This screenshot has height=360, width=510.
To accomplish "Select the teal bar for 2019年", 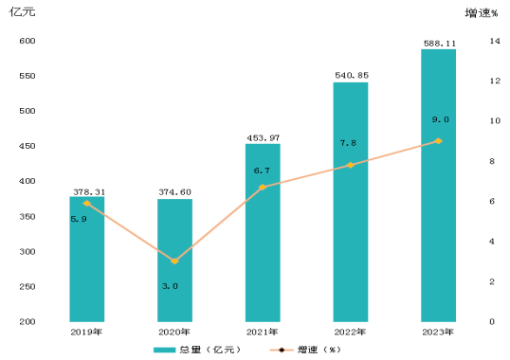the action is click(87, 259).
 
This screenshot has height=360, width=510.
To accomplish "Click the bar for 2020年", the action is click(174, 261).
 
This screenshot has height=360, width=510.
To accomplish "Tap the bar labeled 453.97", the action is click(263, 233).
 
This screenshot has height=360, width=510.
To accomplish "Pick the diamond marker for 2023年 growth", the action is click(439, 141).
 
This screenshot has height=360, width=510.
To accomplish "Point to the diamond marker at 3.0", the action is click(174, 261).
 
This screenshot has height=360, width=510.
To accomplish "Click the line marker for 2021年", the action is click(263, 188).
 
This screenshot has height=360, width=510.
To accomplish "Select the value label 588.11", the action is click(440, 44).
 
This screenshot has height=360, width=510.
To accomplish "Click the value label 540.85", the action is click(352, 76).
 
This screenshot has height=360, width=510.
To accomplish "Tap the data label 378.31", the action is click(89, 192).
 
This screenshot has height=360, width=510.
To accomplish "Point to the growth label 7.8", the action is click(348, 143).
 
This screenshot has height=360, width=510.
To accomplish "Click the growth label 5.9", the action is click(79, 219).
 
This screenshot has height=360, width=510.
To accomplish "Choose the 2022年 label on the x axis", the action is click(350, 333).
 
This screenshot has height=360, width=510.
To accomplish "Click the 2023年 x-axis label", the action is click(438, 333).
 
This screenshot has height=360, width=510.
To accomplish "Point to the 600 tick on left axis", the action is click(27, 41).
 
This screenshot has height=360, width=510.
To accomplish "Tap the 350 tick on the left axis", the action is click(27, 216).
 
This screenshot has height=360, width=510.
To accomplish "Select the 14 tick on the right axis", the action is click(495, 41).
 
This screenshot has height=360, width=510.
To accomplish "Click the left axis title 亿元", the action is click(22, 12).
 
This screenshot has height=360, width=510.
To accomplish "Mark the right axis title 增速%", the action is click(482, 13).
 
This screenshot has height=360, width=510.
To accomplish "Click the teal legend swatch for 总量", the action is click(164, 350).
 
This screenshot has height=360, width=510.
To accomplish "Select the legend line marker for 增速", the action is click(282, 350).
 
